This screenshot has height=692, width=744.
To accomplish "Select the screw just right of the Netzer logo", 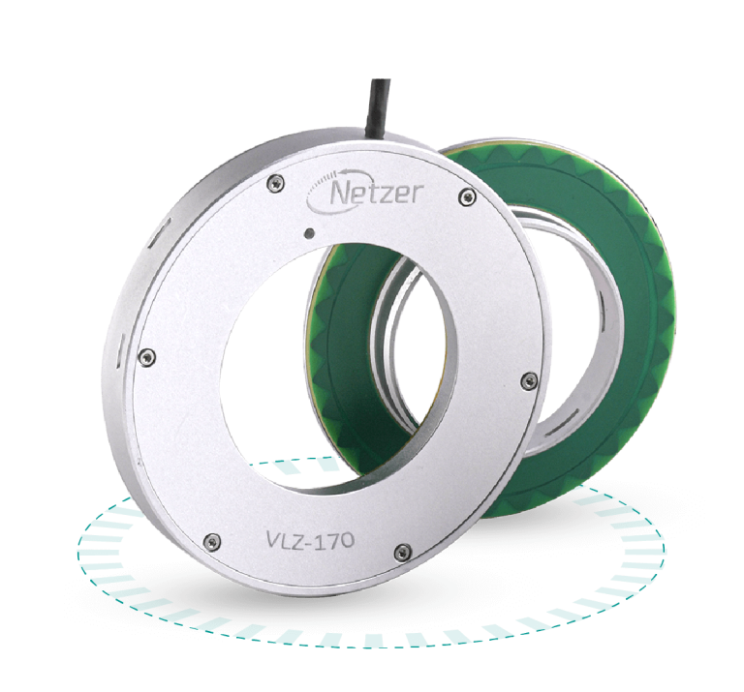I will tap(469, 197).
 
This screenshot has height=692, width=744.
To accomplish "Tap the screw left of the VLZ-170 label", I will tap(211, 539).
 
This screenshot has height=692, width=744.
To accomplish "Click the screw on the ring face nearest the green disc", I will tap(528, 378).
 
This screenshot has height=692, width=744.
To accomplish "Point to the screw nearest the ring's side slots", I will tap(146, 355).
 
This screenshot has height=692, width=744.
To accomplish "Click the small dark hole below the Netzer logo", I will tap(307, 232).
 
